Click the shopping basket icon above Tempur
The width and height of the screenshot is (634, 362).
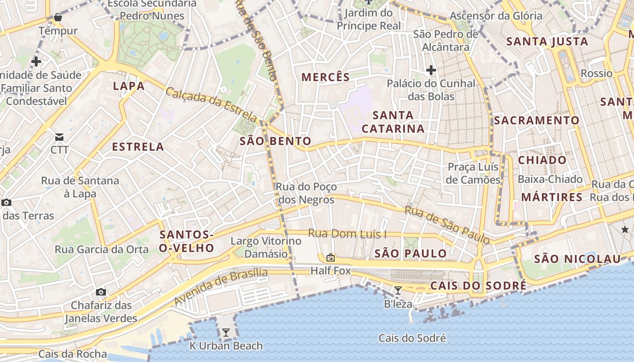[x=58, y=18]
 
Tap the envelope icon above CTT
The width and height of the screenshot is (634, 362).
[x=59, y=137]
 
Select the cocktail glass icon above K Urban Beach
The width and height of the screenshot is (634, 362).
[x=226, y=333]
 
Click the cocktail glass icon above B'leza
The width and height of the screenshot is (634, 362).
[x=398, y=291]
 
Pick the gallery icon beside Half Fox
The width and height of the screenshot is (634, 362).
[x=331, y=257]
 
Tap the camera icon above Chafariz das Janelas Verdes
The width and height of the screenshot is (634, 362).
[x=101, y=292]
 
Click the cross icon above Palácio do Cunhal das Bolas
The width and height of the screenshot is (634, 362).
[x=431, y=70]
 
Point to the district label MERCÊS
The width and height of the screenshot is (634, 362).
[x=326, y=77]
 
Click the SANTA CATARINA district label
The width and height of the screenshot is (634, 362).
[x=393, y=122]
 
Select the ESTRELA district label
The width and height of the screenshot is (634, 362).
[x=138, y=147]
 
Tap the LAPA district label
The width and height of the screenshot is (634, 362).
[x=129, y=86]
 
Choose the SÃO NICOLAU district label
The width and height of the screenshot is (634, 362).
[x=577, y=259]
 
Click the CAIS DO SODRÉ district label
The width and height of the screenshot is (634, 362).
[x=478, y=286]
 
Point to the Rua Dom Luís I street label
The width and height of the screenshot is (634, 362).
[x=347, y=234]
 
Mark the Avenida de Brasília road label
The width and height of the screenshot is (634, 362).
[x=221, y=286]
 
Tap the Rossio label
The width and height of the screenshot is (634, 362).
[x=596, y=73]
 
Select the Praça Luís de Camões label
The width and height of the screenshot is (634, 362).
[x=473, y=173]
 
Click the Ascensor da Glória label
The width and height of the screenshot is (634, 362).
[x=496, y=16]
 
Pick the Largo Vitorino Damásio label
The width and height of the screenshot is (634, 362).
[x=266, y=247]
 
